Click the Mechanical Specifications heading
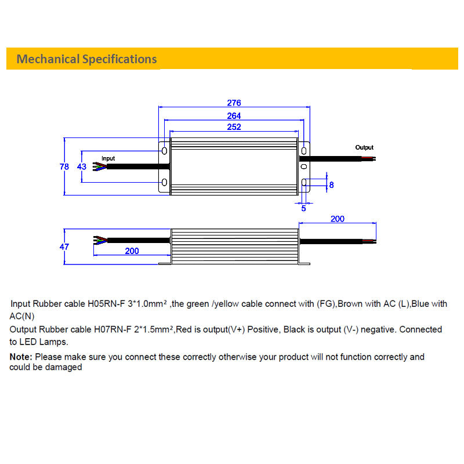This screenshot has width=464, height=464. (86, 59)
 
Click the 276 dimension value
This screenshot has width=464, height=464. (234, 103)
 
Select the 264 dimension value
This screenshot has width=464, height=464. (234, 116)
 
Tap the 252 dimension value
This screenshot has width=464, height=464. (234, 127)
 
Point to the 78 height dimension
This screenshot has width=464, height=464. (64, 166)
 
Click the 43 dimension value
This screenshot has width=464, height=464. (82, 166)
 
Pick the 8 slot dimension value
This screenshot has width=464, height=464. (331, 185)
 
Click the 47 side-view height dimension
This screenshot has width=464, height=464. (64, 246)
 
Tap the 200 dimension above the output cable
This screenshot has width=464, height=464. (337, 219)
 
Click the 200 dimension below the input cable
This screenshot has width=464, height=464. (132, 251)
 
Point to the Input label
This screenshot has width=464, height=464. (108, 158)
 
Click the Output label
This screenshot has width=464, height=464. (364, 147)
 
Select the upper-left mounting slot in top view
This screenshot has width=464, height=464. (164, 151)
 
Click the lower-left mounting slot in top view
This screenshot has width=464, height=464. (164, 183)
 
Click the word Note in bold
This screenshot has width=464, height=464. (21, 357)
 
